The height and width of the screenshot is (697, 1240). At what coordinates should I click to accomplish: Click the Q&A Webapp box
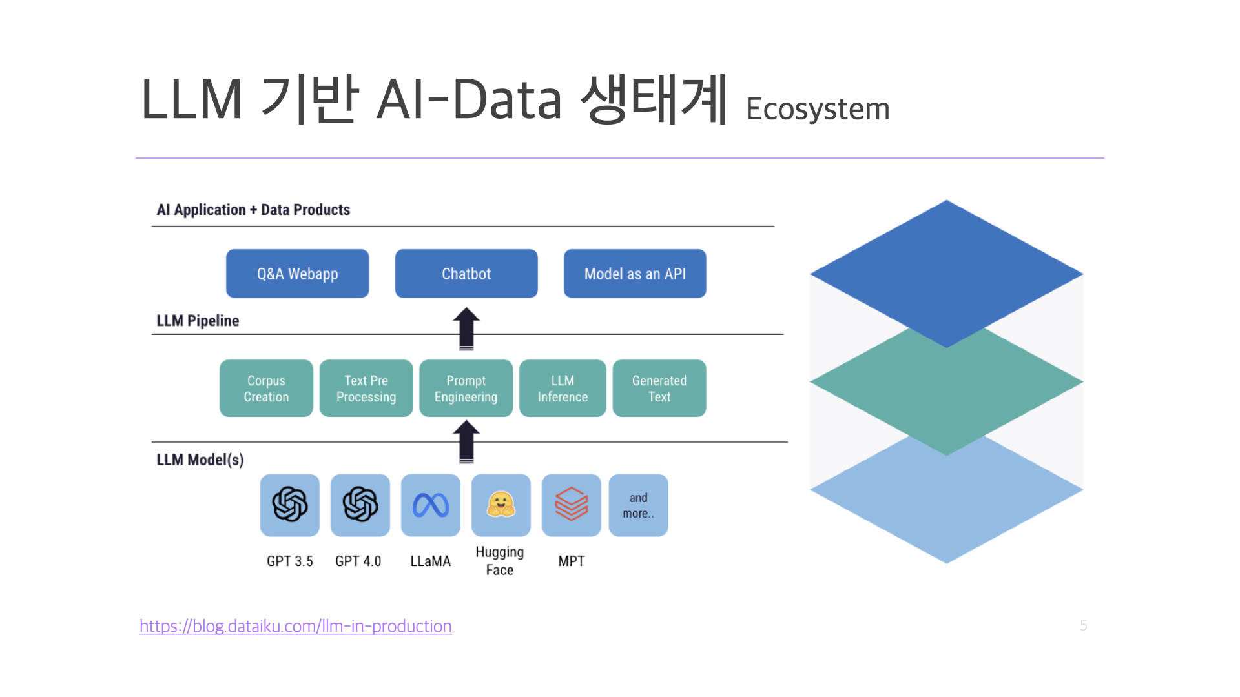297,274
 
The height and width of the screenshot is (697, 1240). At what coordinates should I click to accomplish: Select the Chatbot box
466,274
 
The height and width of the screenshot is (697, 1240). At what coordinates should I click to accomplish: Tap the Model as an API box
635,274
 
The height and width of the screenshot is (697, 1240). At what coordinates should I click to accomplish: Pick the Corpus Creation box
266,388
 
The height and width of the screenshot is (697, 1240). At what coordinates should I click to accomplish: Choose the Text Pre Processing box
366,388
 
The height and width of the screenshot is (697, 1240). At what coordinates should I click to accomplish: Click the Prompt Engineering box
466,388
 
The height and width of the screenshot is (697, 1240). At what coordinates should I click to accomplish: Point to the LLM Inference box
563,388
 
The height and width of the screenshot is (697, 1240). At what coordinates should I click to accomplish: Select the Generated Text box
659,388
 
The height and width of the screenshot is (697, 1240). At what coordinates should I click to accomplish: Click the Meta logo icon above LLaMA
431,505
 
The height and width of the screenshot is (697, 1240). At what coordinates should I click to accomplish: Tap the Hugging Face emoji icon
501,505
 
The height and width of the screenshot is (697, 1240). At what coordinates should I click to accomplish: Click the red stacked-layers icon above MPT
572,504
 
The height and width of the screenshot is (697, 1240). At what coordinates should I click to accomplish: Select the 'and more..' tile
639,505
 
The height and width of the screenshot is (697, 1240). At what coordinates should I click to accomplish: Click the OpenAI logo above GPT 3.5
290,504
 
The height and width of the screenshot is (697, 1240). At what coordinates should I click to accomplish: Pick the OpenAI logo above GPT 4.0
360,504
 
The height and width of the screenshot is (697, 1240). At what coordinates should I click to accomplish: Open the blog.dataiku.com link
296,626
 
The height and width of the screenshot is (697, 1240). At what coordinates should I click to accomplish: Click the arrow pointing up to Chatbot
466,328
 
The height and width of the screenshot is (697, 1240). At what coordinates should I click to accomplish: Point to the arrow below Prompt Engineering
466,441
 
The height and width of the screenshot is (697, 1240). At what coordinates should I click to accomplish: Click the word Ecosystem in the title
818,109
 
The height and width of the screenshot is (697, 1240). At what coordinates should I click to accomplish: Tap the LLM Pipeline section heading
198,321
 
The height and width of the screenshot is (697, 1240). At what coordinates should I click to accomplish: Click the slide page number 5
1084,625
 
